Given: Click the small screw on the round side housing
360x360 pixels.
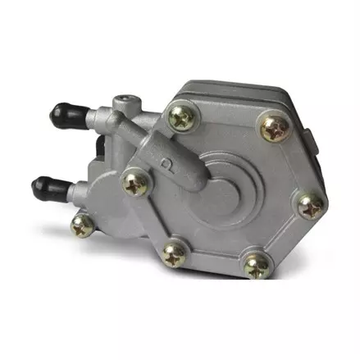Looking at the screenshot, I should (82, 223).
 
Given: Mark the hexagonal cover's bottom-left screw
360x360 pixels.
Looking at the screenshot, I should (173, 256).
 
